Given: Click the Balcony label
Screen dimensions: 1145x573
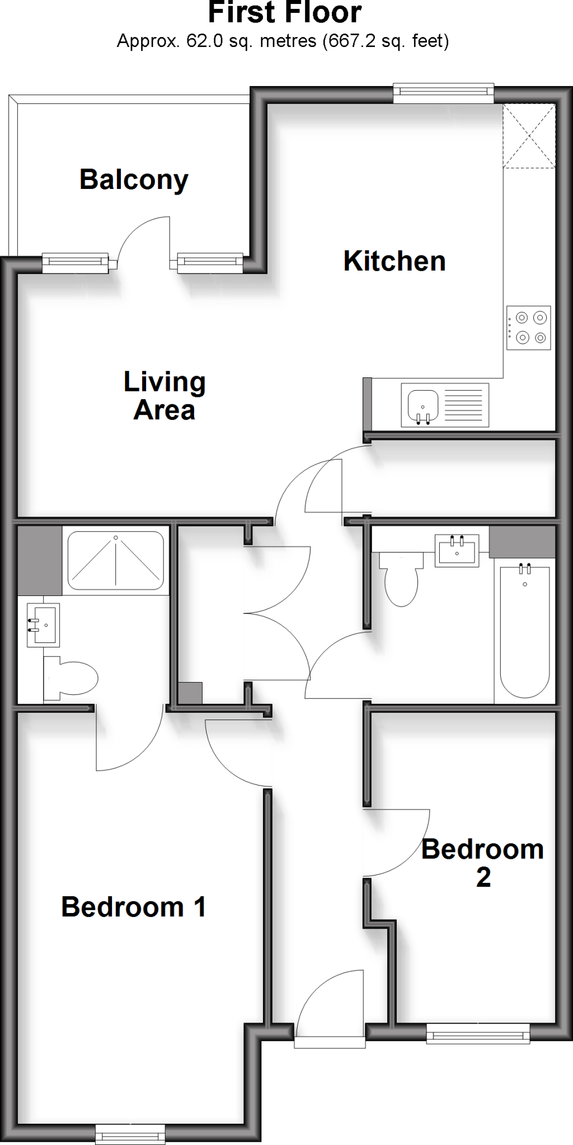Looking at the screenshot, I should point(134,180).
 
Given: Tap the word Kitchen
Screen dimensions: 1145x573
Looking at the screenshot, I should point(394,261).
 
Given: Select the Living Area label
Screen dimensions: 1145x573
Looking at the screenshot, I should point(165,396).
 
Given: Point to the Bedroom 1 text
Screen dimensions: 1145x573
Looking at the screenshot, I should point(134,907).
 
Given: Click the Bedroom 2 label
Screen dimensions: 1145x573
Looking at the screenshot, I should point(482,863).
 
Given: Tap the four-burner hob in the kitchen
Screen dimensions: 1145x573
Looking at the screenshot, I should point(528,328).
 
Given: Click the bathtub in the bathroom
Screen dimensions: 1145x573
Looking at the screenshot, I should point(524,632).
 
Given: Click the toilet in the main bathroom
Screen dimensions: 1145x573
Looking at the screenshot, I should point(401,579).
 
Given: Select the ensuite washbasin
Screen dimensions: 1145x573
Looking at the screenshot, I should point(43,624).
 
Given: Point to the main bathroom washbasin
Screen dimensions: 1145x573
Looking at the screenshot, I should point(457,551).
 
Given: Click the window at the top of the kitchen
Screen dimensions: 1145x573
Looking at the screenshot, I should point(443,93).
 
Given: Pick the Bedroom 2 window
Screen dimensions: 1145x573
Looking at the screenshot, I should point(478,1033).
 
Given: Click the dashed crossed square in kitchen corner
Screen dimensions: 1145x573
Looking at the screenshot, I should point(529,136).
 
